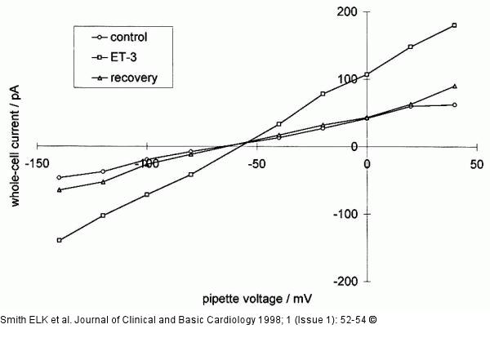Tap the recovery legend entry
[135, 78]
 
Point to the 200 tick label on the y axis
[348, 11]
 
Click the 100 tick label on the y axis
[348, 79]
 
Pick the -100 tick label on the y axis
[346, 214]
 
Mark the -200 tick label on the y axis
[346, 281]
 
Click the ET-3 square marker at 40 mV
[454, 25]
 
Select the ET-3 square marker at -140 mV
[60, 240]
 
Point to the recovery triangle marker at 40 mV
[454, 86]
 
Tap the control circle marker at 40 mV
[454, 104]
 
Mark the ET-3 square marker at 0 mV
[367, 74]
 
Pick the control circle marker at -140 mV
[60, 177]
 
